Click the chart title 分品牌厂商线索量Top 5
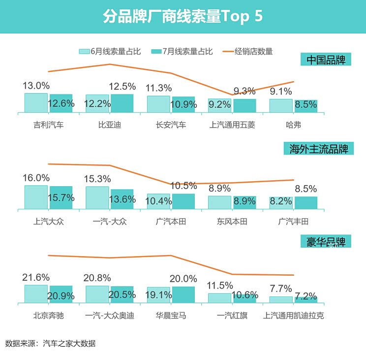183,16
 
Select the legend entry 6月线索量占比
110,51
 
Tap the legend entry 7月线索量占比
182,51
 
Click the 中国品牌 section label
326,60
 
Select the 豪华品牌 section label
326,242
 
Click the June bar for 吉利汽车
36,103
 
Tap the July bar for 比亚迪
122,103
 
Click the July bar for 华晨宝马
183,295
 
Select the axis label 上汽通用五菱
232,125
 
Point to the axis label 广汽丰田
293,222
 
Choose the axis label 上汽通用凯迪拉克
293,315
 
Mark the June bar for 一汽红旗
219,298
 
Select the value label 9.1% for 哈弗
281,91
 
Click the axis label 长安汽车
171,125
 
